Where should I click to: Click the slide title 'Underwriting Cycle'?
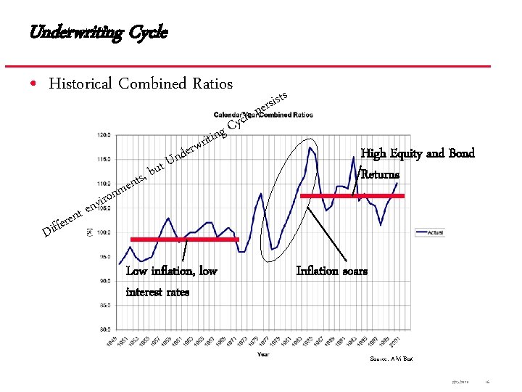(99, 33)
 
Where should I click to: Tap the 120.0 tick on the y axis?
(104, 135)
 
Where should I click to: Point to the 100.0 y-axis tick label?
(104, 232)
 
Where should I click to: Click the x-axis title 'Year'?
(262, 355)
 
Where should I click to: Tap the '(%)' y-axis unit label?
(88, 232)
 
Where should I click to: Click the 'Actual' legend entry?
(436, 232)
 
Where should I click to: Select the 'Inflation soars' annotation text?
(331, 271)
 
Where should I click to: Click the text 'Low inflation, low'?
(171, 271)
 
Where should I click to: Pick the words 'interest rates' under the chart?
(157, 292)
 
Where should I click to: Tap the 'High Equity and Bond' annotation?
(418, 153)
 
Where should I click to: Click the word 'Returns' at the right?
(380, 174)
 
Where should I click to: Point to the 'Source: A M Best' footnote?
(391, 359)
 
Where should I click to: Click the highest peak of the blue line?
(310, 148)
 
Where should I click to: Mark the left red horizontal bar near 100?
(184, 239)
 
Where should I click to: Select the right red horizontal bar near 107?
(352, 196)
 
